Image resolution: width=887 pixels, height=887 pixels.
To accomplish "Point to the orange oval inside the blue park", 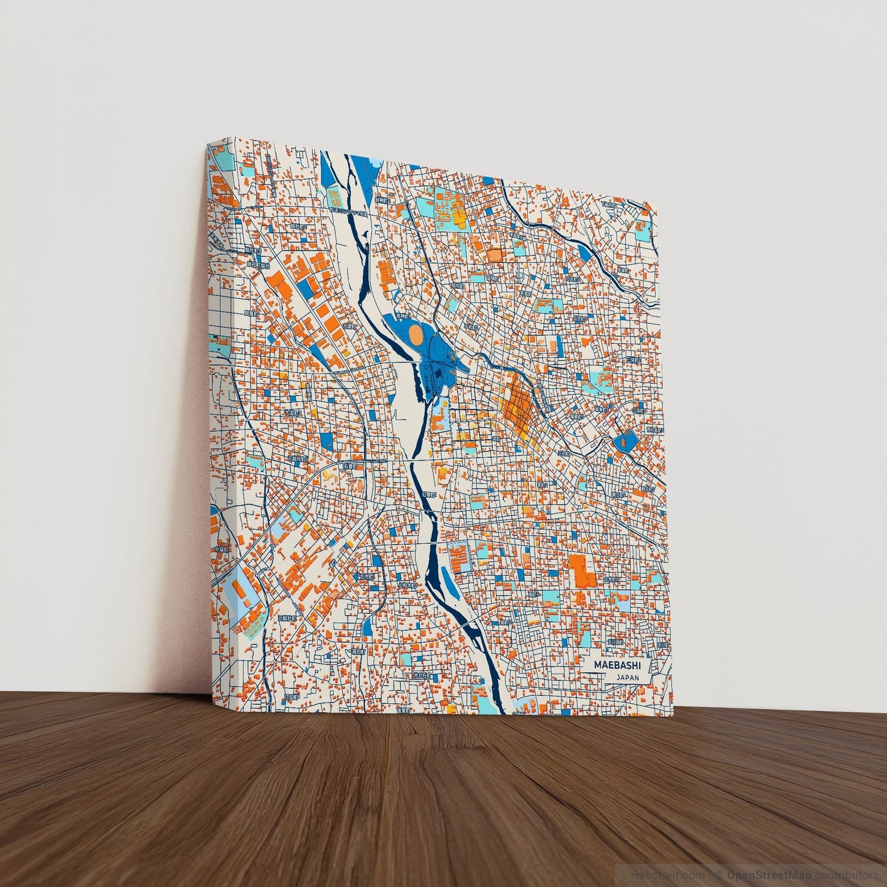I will pos(416,335).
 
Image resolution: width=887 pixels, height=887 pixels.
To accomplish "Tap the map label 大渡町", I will pos(349,327).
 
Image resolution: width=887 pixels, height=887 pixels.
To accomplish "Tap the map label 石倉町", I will pos(349,466).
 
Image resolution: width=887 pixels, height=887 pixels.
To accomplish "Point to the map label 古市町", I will pos(366,577).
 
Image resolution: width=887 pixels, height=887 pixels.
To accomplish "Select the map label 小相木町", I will pos(406,586).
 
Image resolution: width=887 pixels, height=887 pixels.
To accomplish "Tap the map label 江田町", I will pos(291,697).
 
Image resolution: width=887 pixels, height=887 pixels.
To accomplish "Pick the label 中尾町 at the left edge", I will pos(221,549).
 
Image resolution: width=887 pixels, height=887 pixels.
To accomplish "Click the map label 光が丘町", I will pos(422,675).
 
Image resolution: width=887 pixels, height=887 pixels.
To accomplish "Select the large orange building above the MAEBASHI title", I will pos(581,571).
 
